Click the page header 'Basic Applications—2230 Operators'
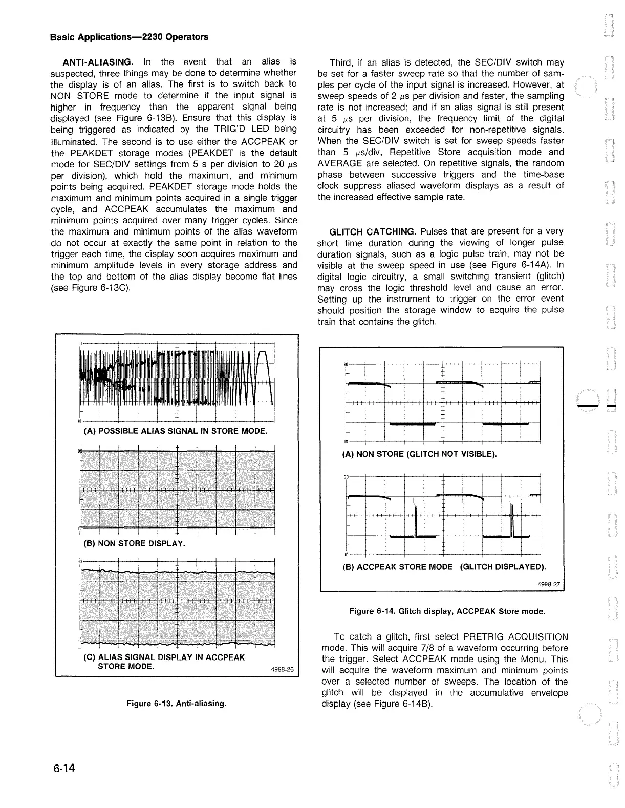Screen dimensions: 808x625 pos(129,37)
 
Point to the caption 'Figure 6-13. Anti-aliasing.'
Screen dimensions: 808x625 pos(177,704)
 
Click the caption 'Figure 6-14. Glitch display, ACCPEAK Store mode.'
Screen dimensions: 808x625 pos(447,611)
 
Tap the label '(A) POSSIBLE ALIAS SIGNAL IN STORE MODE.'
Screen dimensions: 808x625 pos(175,431)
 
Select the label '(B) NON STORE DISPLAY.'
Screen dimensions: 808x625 pos(134,543)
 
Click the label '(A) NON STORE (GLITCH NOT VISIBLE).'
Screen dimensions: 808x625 pos(419,454)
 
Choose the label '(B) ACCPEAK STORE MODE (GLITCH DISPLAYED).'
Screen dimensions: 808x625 pos(444,567)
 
